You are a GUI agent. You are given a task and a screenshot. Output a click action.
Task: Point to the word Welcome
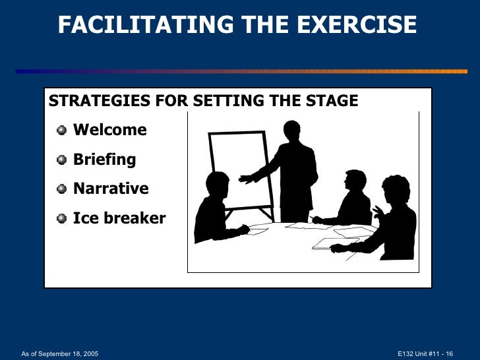click(x=109, y=130)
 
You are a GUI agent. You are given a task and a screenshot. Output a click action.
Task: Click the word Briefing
click(x=104, y=160)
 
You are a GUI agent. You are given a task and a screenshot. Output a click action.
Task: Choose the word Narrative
click(x=111, y=189)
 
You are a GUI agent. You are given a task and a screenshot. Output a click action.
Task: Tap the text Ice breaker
click(x=119, y=218)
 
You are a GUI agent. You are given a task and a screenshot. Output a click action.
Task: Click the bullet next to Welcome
click(x=62, y=130)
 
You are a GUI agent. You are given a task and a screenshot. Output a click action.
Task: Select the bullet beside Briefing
click(x=62, y=160)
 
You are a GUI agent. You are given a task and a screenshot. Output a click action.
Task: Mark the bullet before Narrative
click(x=62, y=189)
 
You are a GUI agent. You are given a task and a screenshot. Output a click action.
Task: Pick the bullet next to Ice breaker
click(x=62, y=218)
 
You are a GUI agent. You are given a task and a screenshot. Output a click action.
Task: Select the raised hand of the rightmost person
click(x=377, y=212)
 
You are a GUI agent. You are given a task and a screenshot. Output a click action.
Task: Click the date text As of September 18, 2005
click(x=59, y=353)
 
